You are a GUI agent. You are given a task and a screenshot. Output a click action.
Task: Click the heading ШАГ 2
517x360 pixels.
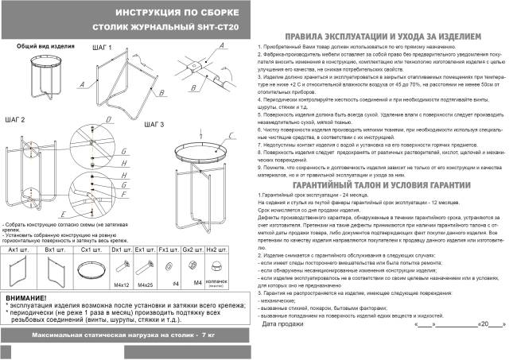[x=15, y=119]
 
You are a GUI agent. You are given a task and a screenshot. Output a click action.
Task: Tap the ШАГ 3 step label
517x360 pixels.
[x=154, y=125]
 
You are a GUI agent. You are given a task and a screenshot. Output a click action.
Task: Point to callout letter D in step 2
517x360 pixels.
[x=97, y=120]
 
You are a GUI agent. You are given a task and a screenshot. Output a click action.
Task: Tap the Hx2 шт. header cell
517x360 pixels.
[x=216, y=250]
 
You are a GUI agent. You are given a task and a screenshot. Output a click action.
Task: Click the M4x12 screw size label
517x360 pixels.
[x=121, y=285]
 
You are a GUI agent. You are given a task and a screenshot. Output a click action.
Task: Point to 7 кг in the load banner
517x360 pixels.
[x=210, y=337]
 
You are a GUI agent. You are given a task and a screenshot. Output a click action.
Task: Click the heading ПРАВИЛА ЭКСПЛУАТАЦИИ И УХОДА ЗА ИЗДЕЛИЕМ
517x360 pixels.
[x=383, y=37]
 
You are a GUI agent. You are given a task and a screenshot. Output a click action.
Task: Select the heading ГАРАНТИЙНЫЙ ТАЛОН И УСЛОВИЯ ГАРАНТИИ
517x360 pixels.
[x=383, y=184]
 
